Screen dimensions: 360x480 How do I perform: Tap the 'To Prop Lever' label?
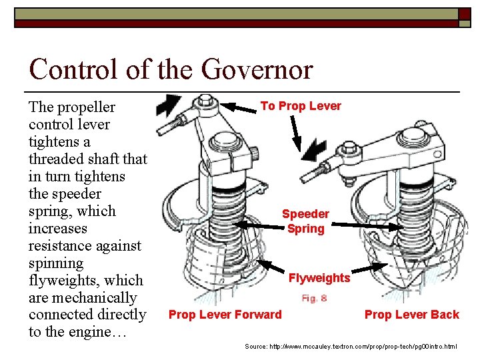tap(301, 106)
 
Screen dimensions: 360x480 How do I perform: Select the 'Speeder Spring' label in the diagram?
tap(305, 221)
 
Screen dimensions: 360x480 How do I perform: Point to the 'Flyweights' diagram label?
tap(319, 277)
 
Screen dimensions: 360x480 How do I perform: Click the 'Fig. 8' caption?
tap(314, 298)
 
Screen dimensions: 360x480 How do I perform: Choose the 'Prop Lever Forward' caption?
tap(225, 315)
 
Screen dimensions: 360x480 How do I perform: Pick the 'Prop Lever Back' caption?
tap(411, 315)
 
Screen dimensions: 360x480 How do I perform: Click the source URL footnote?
tap(351, 347)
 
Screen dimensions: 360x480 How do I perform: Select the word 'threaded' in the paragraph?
tap(59, 159)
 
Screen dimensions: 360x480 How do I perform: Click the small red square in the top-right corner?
tap(464, 15)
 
